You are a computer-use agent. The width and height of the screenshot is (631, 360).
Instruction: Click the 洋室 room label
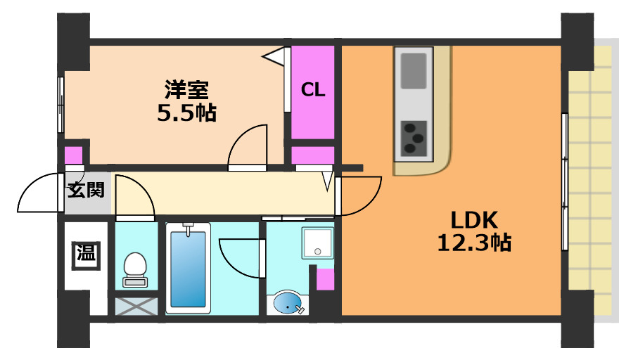(186, 91)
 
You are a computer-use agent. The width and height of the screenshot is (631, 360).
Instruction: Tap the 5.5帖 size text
(186, 112)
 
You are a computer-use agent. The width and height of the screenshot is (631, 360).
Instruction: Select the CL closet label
(313, 90)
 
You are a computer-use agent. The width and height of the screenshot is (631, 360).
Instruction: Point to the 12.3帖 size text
(473, 243)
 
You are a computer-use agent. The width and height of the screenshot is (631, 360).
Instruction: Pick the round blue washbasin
(288, 304)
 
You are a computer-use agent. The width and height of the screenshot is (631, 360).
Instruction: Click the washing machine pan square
(317, 243)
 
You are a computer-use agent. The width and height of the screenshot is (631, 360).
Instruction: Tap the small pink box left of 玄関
(73, 156)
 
